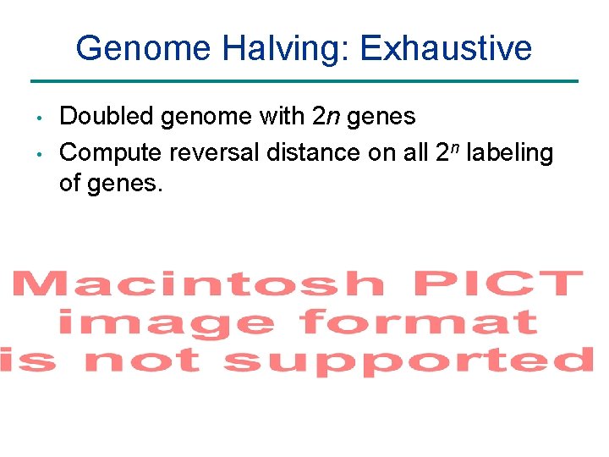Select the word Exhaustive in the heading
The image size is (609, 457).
tap(446, 48)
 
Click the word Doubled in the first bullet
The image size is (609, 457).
tap(107, 116)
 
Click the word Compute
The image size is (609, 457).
tap(111, 153)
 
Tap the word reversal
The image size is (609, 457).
tap(215, 153)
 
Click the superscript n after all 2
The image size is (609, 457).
tap(455, 148)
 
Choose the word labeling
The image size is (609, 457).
tap(510, 153)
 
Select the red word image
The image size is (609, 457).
tap(166, 322)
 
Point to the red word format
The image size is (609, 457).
tap(419, 321)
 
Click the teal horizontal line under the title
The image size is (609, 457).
tap(304, 81)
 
